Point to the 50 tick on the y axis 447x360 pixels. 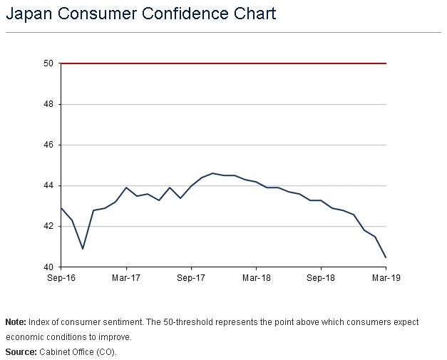pyautogui.click(x=49, y=63)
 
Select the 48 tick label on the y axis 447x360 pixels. pyautogui.click(x=49, y=104)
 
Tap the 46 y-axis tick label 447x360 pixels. pyautogui.click(x=49, y=145)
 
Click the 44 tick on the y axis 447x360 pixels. pyautogui.click(x=49, y=185)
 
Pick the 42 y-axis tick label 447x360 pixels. pyautogui.click(x=49, y=226)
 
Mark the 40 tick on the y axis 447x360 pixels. pyautogui.click(x=49, y=267)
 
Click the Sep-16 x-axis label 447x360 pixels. pyautogui.click(x=61, y=279)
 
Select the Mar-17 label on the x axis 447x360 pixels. pyautogui.click(x=126, y=279)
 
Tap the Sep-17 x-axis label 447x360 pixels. pyautogui.click(x=191, y=279)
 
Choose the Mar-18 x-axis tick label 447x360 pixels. pyautogui.click(x=256, y=279)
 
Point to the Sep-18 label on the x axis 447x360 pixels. pyautogui.click(x=321, y=279)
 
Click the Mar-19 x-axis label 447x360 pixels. pyautogui.click(x=386, y=279)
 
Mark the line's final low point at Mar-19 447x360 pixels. pyautogui.click(x=386, y=257)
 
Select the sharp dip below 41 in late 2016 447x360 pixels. pyautogui.click(x=83, y=248)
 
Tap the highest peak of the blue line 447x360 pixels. pyautogui.click(x=212, y=173)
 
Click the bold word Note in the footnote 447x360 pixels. pyautogui.click(x=15, y=322)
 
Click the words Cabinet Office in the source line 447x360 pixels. pyautogui.click(x=69, y=352)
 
